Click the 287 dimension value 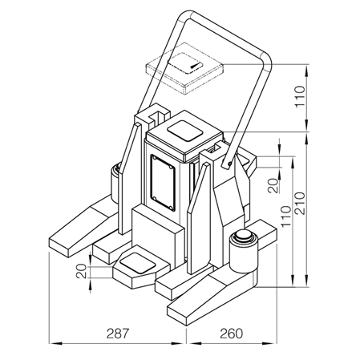118,334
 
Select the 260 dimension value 232,334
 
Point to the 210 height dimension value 300,203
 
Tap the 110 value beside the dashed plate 300,96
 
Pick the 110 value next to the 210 286,216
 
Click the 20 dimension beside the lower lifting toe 81,271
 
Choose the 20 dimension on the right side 273,185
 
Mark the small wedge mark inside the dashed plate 195,67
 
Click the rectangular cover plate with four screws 163,183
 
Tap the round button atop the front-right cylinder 243,235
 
